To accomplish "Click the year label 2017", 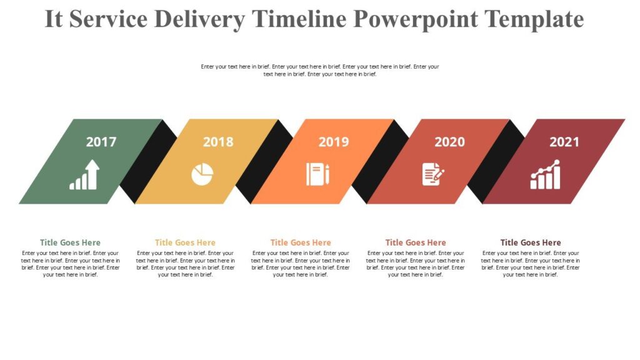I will tap(101, 142).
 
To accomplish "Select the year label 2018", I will tap(218, 142).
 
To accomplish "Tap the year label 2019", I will tap(334, 142).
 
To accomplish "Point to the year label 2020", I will tap(449, 142).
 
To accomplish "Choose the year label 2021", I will tap(564, 142).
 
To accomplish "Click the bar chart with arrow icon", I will tap(84, 174).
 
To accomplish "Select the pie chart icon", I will tap(202, 174).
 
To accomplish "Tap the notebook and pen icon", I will tap(317, 174).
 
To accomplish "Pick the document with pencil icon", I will tap(433, 174).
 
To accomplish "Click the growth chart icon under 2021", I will tap(546, 174).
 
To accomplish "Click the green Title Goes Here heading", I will tap(70, 242).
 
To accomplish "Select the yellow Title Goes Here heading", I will tap(185, 242).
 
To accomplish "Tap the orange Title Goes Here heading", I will tap(301, 242).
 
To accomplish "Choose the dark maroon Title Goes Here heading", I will tap(531, 242).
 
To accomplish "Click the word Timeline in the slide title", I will tap(299, 19).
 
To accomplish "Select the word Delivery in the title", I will tap(199, 19).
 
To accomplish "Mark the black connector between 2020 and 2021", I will tap(497, 161).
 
